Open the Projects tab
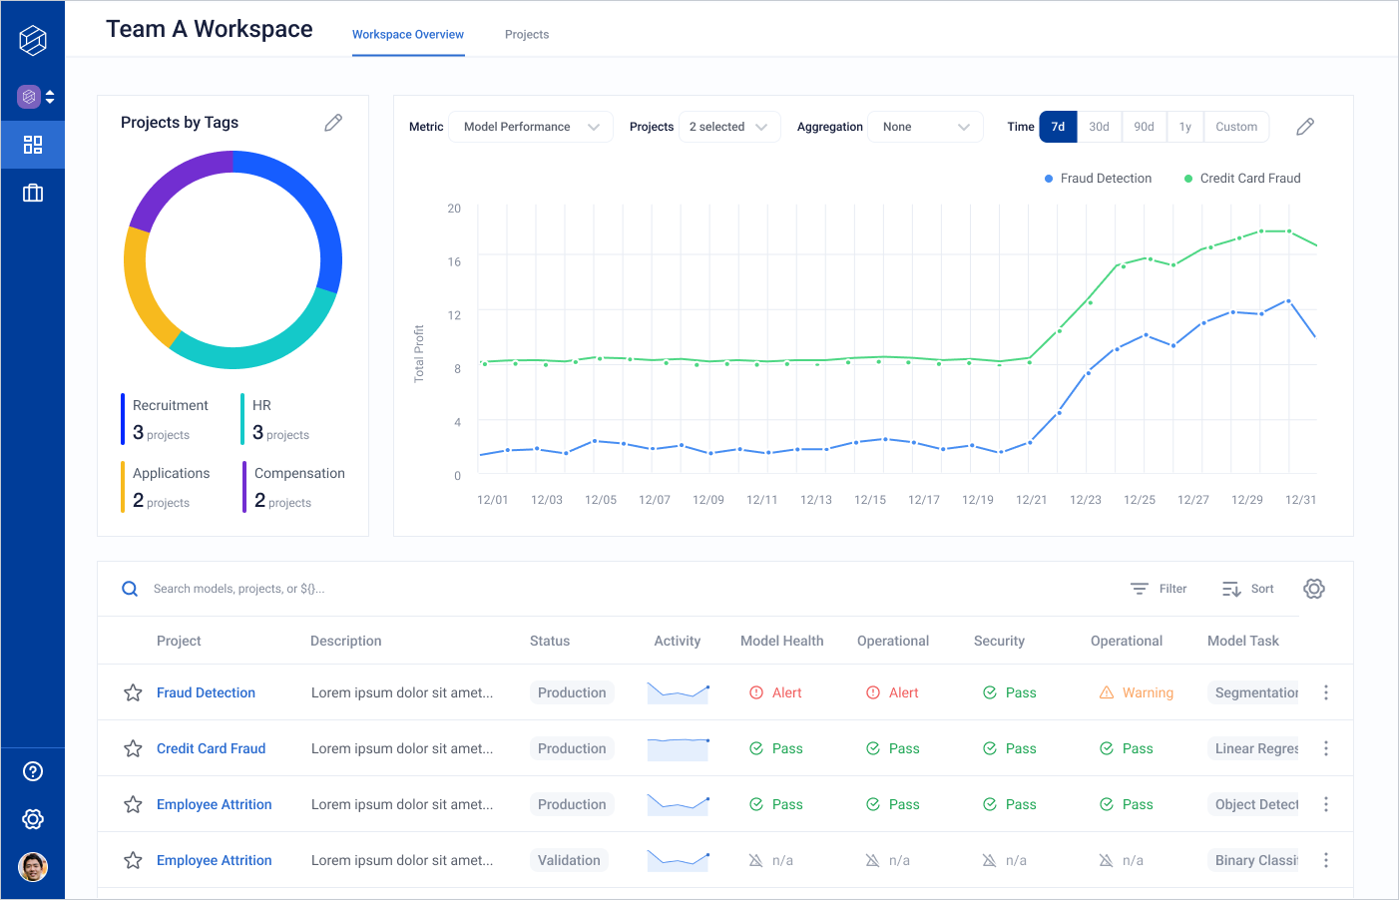coord(527,35)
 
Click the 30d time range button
coord(1099,127)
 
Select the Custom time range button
coord(1235,127)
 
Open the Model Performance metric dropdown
coord(531,127)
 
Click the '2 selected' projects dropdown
coord(728,127)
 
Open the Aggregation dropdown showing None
coord(925,127)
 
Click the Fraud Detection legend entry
coord(1098,179)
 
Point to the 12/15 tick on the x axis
coord(870,500)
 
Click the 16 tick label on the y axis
coord(454,262)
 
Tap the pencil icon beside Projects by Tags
coord(333,123)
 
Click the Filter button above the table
coord(1159,589)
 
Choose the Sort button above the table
coord(1248,589)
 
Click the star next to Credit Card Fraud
coord(133,748)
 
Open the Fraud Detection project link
coord(206,692)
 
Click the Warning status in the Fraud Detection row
coord(1137,692)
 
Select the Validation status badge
coord(569,860)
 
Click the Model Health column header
coord(781,641)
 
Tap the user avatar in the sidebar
coord(33,867)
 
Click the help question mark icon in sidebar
coord(33,771)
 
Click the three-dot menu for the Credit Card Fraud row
coord(1325,748)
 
